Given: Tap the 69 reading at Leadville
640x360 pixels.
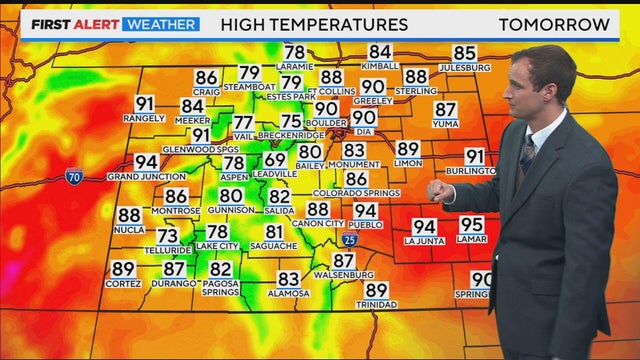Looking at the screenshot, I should [275, 160].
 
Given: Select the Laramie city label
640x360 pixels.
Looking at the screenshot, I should [294, 66].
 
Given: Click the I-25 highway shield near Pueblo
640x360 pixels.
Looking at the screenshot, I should [347, 240].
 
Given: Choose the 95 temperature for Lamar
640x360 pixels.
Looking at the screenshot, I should [472, 225].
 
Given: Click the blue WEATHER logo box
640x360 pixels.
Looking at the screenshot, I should [161, 23].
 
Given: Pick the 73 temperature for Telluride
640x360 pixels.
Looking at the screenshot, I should [168, 236].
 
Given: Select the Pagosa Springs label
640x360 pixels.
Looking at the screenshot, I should [220, 288].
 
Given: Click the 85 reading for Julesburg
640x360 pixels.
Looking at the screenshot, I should [464, 53].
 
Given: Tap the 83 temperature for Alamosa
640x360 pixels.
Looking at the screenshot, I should [289, 279].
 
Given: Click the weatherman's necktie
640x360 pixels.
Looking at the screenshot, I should [526, 155].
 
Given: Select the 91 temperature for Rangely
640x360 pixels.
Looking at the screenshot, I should [145, 103].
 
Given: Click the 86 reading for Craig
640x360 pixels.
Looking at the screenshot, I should [206, 77].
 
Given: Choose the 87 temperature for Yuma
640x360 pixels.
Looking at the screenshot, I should [445, 110].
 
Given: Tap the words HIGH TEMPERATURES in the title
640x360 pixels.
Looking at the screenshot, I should [314, 24].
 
